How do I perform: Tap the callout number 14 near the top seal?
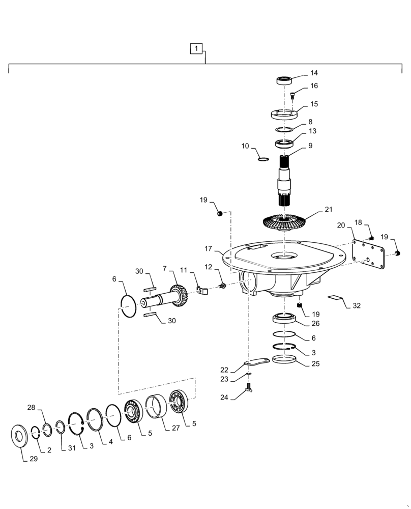313,73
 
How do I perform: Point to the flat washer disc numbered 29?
21,437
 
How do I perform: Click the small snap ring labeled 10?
262,158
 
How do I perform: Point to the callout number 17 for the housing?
209,249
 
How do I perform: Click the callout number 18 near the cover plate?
358,222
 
